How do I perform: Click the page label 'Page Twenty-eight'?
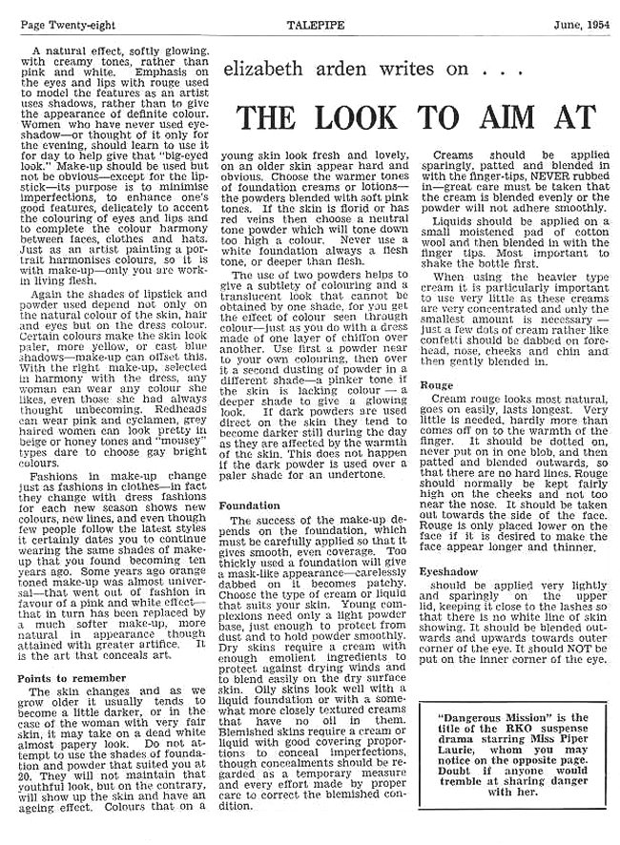coord(58,15)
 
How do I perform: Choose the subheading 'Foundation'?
coord(249,505)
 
